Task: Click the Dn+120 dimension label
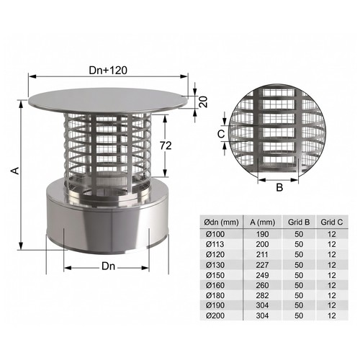click(x=108, y=71)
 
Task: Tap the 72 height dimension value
click(x=166, y=145)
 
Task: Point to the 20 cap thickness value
click(x=203, y=102)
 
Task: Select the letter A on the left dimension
click(x=15, y=171)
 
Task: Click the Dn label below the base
click(x=109, y=266)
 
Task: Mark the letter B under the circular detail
click(x=279, y=187)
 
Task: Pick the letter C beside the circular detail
click(x=221, y=134)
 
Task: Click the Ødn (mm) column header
click(x=221, y=222)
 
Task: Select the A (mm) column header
click(x=262, y=222)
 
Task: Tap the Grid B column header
click(x=299, y=222)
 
